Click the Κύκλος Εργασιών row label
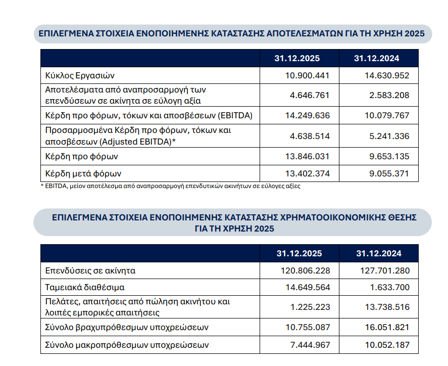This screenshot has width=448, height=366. point(80,76)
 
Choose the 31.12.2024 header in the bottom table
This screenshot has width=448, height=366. point(379,253)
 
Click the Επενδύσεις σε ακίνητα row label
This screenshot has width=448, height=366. point(90,270)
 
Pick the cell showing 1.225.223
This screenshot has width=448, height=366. point(310,307)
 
